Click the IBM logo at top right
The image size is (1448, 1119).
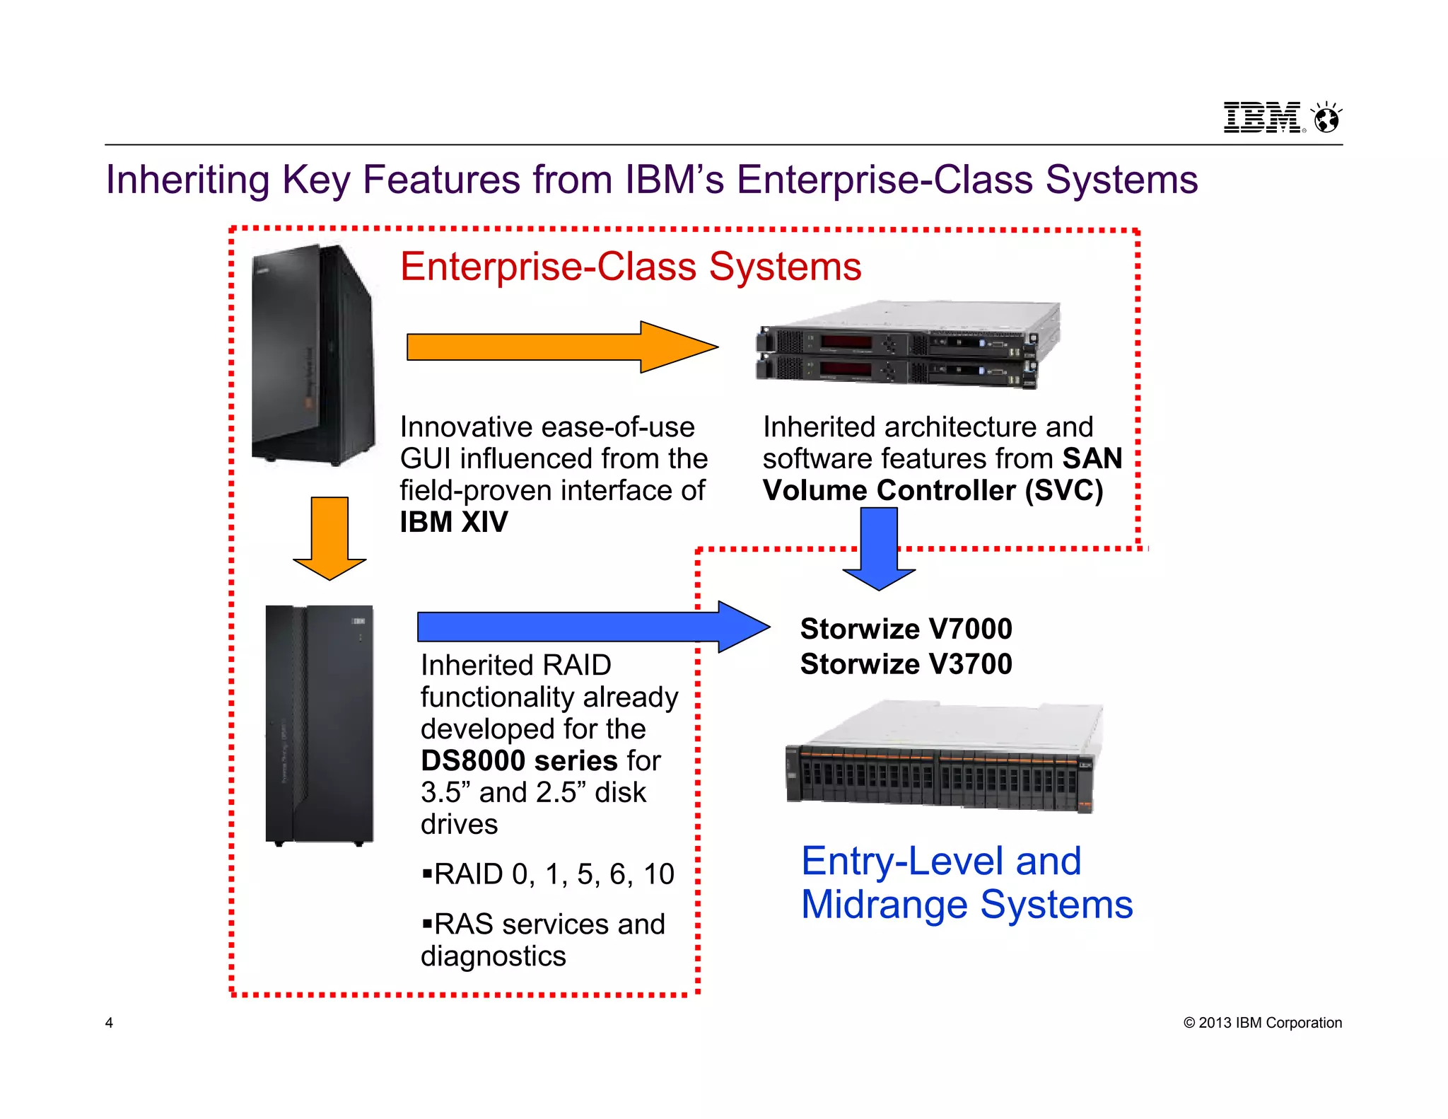click(1263, 117)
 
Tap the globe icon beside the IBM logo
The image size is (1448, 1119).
click(1326, 118)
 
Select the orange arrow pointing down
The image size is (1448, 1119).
click(329, 538)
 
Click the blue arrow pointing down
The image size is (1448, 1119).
click(879, 548)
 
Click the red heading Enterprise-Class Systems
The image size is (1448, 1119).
click(630, 267)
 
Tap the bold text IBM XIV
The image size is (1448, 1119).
click(453, 522)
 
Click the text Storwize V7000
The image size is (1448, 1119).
click(906, 629)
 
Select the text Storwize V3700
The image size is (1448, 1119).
click(906, 664)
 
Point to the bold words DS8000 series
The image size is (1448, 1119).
click(519, 761)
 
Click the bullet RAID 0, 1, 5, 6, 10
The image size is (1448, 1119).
click(549, 874)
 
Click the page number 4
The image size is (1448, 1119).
click(109, 1023)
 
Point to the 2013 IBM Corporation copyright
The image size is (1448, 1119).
click(1262, 1023)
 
